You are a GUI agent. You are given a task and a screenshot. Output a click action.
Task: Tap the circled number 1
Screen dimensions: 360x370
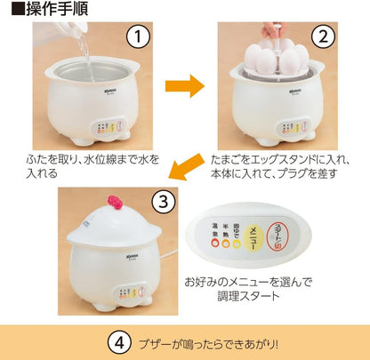click(136, 37)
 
